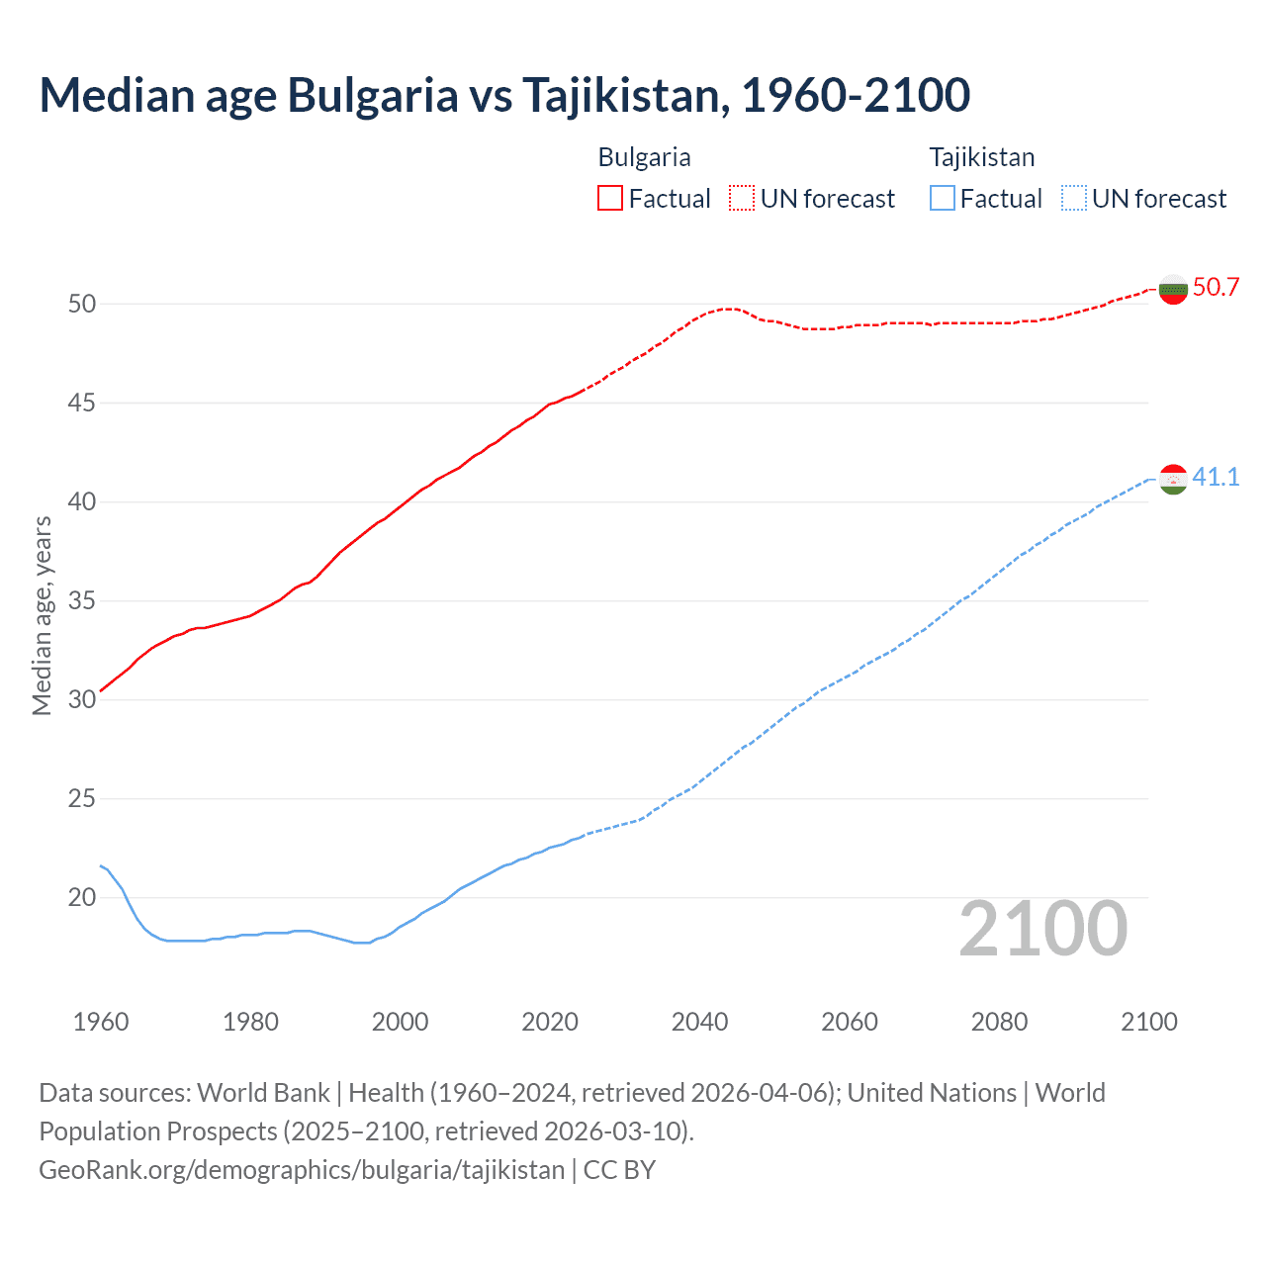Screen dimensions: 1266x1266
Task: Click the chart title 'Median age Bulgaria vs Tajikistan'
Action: pos(504,95)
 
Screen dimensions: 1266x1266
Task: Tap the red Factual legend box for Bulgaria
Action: pos(610,199)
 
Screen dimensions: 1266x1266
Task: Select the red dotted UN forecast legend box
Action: pos(742,199)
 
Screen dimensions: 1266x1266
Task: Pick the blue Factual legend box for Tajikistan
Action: pos(943,199)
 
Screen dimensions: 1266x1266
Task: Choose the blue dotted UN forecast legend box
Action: pos(1073,199)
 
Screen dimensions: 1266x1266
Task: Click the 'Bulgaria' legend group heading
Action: pos(644,157)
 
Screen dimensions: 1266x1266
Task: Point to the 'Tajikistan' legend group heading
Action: pos(981,157)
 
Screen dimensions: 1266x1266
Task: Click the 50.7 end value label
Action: pos(1216,288)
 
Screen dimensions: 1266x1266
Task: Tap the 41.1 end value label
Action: pos(1216,478)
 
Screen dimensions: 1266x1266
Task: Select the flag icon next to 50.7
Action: pos(1173,290)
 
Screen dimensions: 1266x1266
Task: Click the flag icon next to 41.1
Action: pos(1173,480)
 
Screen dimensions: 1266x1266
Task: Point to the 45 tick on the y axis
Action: pos(82,404)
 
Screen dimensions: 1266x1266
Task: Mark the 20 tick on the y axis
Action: pos(82,898)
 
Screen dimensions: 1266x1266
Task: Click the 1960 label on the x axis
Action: pos(101,1022)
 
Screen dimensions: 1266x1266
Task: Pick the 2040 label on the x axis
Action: pos(699,1022)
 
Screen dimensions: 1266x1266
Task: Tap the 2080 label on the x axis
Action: pos(999,1022)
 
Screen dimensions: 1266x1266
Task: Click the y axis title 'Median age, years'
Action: pos(42,615)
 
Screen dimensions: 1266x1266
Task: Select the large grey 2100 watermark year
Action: pos(1043,929)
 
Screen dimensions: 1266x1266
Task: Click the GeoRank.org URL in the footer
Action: pos(302,1170)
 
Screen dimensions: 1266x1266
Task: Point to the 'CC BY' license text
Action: pos(619,1170)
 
